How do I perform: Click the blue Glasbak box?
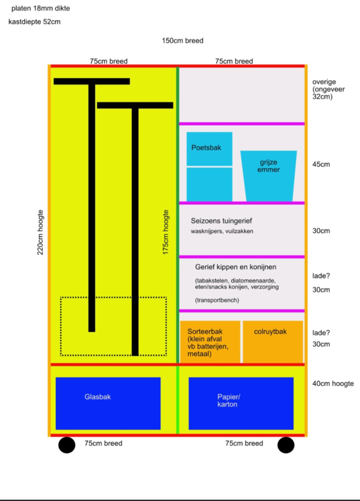(x=108, y=403)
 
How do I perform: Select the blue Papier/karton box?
(x=241, y=403)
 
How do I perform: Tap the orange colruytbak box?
(x=273, y=341)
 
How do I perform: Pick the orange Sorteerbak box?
(x=210, y=341)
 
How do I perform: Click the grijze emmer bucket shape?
(x=269, y=176)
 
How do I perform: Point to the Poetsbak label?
(x=207, y=148)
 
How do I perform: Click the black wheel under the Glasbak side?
(x=67, y=445)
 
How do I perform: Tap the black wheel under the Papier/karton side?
(x=286, y=445)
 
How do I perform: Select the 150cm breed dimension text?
(x=182, y=41)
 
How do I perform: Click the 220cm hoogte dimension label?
(x=40, y=232)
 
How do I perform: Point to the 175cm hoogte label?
(x=165, y=232)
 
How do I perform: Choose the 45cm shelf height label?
(x=321, y=164)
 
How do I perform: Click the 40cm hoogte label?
(x=333, y=383)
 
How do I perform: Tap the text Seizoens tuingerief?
(x=222, y=221)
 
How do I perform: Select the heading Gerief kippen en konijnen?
(x=236, y=267)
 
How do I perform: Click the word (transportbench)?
(x=217, y=300)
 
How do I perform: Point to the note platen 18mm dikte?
(x=41, y=9)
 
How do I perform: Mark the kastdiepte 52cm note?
(x=34, y=22)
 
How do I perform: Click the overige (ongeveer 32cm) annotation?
(x=328, y=89)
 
